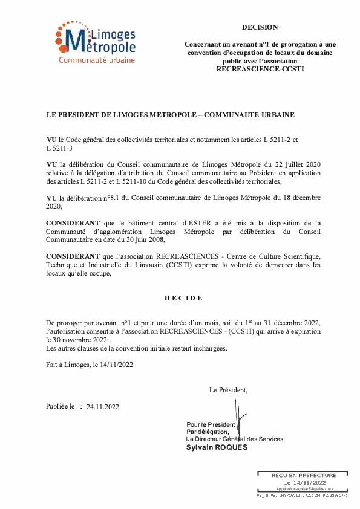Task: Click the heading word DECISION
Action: (x=260, y=27)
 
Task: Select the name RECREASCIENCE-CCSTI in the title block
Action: (x=260, y=69)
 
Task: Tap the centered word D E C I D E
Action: (x=183, y=298)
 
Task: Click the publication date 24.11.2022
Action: (x=103, y=407)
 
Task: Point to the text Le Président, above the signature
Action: (x=228, y=390)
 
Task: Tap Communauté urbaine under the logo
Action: (x=97, y=60)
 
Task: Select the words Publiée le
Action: (x=60, y=407)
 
